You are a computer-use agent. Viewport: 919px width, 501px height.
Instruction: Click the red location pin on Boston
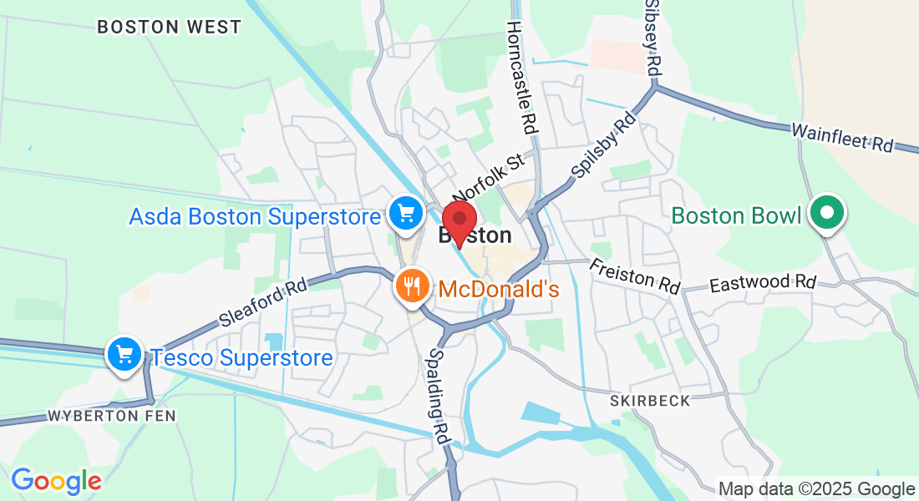tap(459, 221)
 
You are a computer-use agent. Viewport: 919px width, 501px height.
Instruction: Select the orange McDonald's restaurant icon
tap(411, 286)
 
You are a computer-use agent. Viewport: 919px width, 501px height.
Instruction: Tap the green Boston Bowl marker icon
tap(826, 213)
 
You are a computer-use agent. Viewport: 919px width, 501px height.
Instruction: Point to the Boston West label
tap(169, 27)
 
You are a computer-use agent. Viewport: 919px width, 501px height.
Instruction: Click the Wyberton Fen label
tap(113, 416)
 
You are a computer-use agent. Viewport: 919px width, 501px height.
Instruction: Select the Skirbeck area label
tap(650, 401)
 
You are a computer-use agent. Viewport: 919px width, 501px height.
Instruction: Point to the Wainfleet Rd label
tap(841, 138)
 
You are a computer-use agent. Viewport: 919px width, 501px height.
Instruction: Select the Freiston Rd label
tap(635, 276)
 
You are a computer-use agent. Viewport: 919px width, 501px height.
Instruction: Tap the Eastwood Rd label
tap(762, 283)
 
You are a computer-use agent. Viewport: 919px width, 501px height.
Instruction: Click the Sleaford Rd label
tap(262, 301)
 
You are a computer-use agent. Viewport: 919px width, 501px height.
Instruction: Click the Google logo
tap(56, 481)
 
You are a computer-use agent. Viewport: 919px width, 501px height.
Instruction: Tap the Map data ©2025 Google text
tap(816, 489)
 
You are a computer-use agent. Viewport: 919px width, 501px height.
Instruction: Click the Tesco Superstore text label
tap(241, 358)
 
